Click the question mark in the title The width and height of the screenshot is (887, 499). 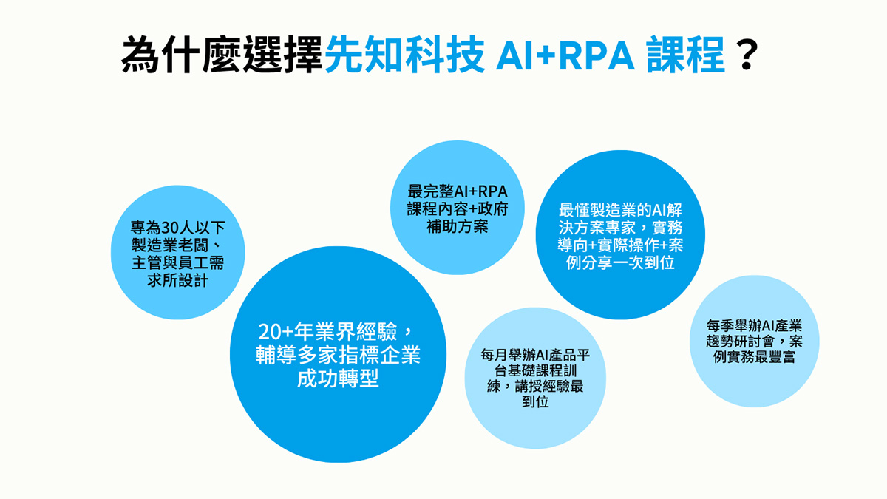(747, 54)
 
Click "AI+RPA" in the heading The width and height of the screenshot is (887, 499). (565, 55)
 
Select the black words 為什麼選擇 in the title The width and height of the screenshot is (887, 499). (222, 54)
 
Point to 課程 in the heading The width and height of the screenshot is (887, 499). (686, 54)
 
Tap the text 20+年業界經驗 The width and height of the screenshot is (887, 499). (327, 331)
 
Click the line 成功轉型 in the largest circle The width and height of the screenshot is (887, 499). (338, 379)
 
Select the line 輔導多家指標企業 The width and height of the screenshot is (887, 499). (338, 355)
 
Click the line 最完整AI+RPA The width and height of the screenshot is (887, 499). (458, 191)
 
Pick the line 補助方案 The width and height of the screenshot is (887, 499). (458, 226)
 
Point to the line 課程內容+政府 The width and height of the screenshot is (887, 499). (458, 209)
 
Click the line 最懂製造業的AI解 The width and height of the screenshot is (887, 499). (620, 210)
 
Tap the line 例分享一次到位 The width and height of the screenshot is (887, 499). (620, 262)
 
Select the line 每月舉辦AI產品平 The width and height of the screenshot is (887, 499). (535, 355)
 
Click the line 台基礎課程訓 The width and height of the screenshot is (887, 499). (535, 370)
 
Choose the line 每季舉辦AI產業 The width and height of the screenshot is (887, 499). (754, 326)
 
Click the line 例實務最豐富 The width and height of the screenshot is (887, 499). (754, 357)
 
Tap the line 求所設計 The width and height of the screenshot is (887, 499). (177, 280)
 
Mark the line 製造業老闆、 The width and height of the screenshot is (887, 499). (177, 245)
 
